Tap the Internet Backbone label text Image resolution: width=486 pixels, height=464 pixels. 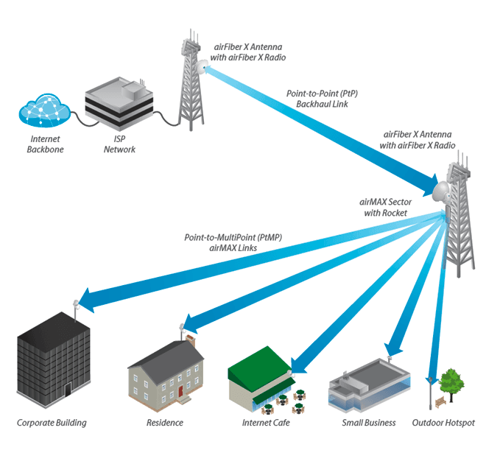[46, 144]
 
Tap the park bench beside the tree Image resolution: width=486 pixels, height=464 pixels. [440, 402]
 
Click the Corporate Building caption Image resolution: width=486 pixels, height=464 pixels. [52, 423]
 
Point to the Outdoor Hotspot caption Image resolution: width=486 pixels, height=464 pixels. [443, 423]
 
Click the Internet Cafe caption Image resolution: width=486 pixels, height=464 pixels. [266, 423]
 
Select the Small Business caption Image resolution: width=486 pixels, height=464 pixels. [368, 423]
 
